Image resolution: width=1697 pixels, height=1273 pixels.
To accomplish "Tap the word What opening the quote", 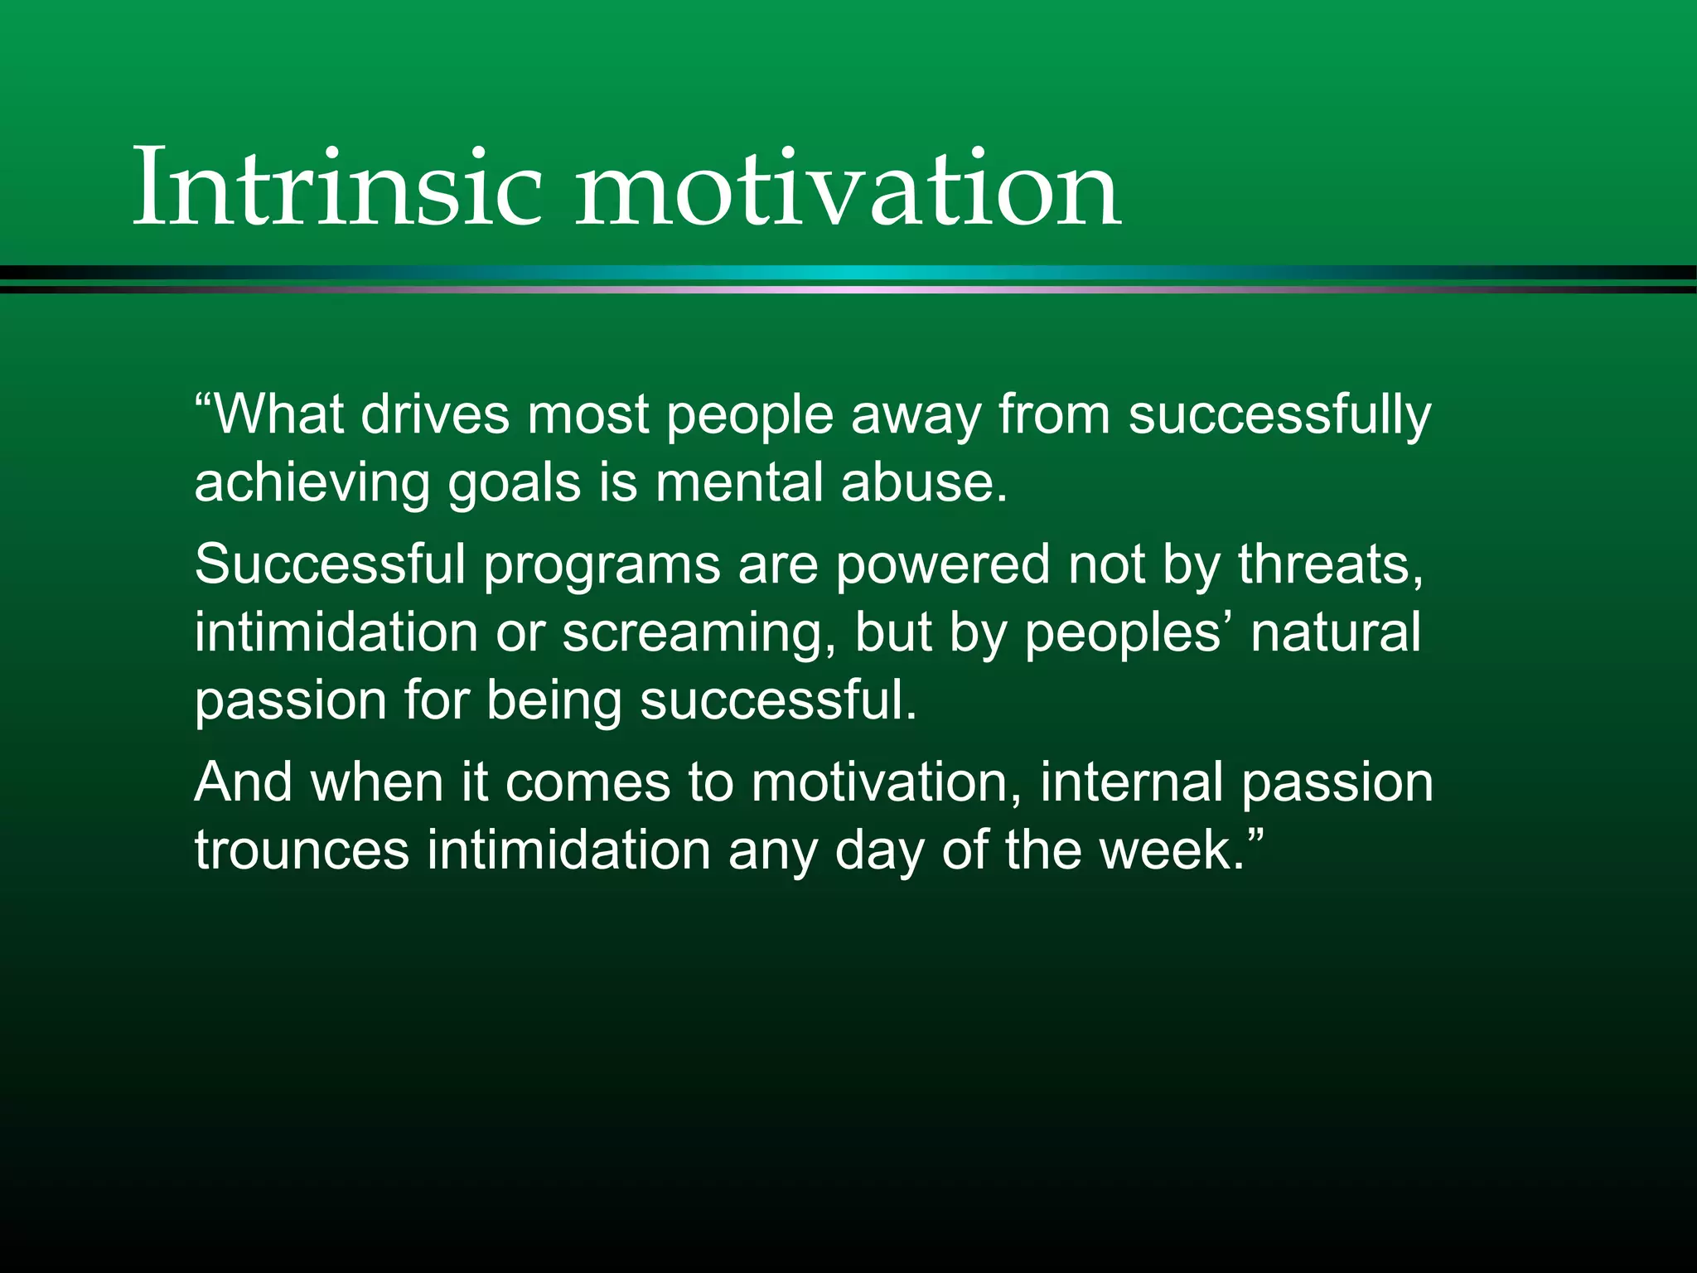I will [278, 414].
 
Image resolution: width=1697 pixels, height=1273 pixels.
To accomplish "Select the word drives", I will [435, 414].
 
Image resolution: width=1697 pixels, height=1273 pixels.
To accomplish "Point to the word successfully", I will [1279, 414].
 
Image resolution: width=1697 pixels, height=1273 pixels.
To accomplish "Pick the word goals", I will [515, 483].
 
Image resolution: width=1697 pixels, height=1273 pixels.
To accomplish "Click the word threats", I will [1329, 564].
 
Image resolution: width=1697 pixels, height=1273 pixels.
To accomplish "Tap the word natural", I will [1336, 632].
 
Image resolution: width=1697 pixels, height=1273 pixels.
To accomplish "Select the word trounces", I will [302, 851].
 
